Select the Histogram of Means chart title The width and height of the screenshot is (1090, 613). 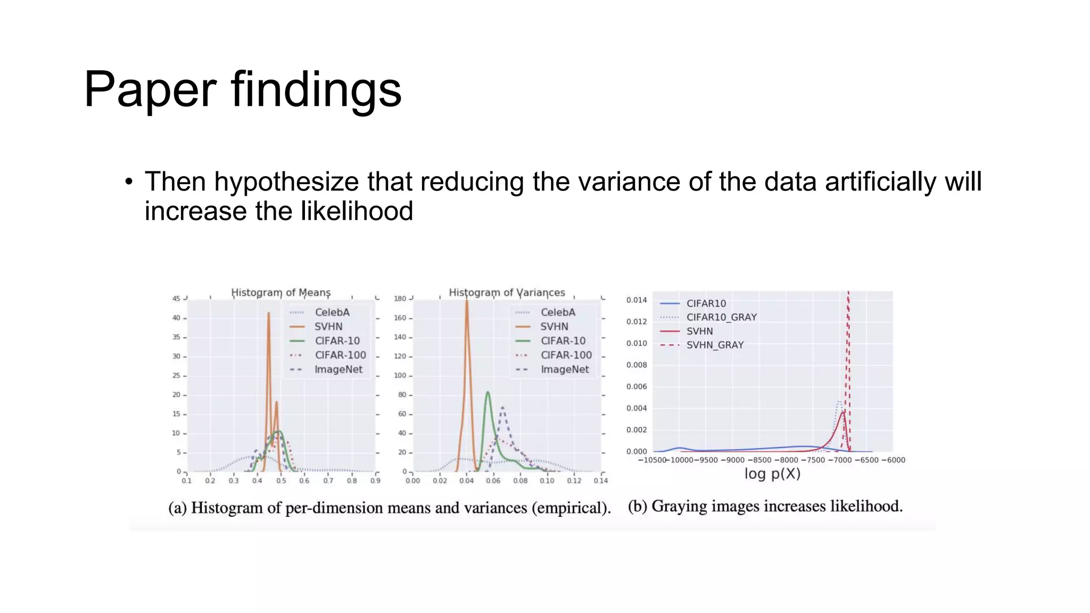point(280,293)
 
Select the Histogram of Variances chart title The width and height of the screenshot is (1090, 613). point(507,293)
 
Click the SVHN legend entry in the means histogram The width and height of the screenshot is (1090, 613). point(328,327)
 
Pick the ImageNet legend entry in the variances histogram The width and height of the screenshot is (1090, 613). point(564,369)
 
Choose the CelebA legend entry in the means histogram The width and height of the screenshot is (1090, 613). point(332,312)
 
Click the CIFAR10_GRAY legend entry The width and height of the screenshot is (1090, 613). point(721,317)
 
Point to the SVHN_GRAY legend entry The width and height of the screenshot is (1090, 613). point(714,345)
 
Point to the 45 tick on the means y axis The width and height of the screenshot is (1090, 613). point(176,299)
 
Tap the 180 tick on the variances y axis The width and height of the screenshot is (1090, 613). point(400,299)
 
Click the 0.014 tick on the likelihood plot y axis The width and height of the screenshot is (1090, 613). point(637,300)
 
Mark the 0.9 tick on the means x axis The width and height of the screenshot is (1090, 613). point(376,481)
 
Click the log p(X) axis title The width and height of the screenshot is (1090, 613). point(772,474)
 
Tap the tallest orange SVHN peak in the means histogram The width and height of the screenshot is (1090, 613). point(269,313)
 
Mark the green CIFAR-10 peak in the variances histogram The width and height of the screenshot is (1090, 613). point(488,393)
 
